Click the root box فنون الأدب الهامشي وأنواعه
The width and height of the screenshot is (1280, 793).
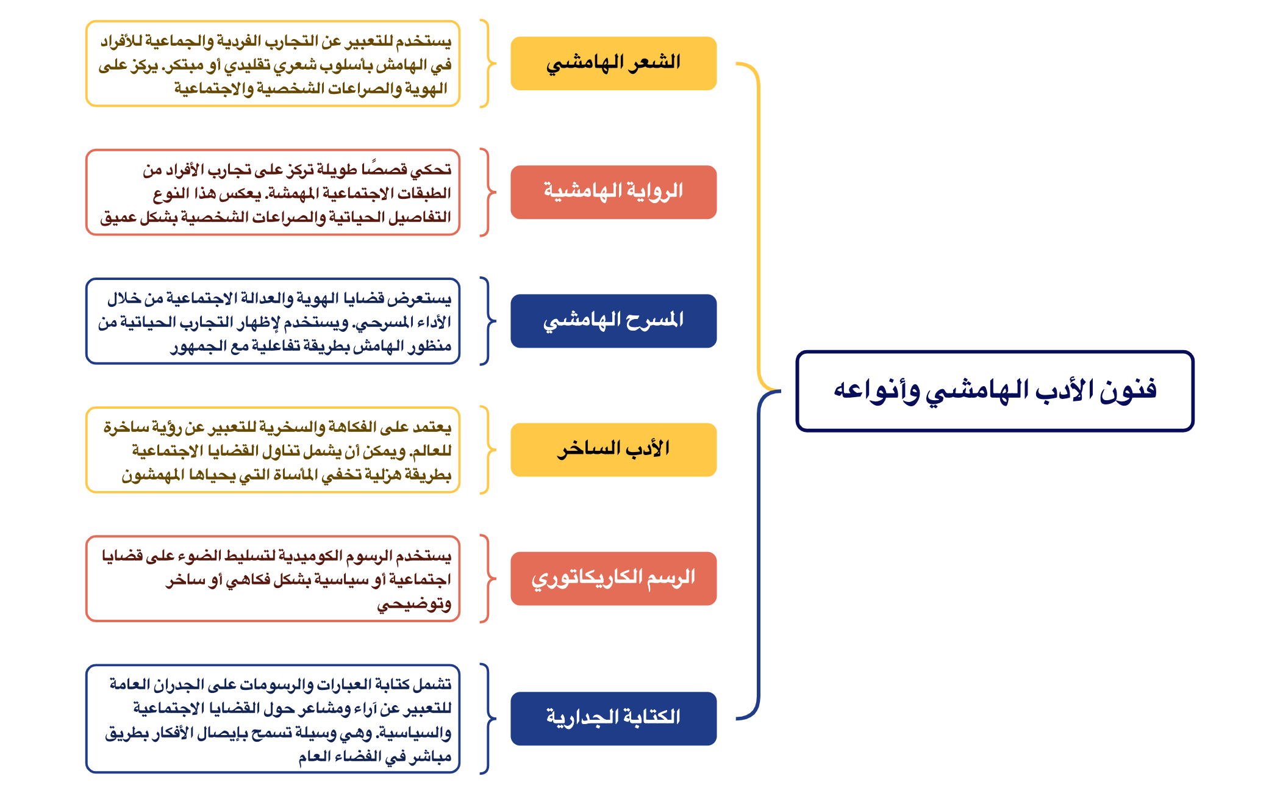coord(994,391)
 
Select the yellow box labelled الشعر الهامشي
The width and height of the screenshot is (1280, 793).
coord(613,63)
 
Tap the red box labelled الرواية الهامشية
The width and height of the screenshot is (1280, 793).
coord(613,192)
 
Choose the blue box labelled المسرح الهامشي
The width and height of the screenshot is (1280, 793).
coord(613,321)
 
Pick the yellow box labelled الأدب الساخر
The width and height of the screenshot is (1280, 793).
coord(613,450)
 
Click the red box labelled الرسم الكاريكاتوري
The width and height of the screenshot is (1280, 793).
coord(613,578)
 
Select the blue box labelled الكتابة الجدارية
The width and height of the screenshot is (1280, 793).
coord(613,718)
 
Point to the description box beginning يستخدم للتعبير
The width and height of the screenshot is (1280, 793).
coord(273,64)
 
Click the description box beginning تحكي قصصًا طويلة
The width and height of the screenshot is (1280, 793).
coord(273,193)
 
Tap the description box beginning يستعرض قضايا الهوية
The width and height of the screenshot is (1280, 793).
coord(273,321)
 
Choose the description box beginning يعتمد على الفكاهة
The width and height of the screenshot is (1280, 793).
coord(273,450)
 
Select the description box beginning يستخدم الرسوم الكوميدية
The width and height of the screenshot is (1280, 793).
coord(273,579)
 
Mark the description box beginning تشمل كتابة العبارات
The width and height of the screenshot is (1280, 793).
coord(273,719)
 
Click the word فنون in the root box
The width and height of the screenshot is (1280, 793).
coord(1128,390)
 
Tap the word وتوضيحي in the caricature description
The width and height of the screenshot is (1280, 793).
coord(414,604)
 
